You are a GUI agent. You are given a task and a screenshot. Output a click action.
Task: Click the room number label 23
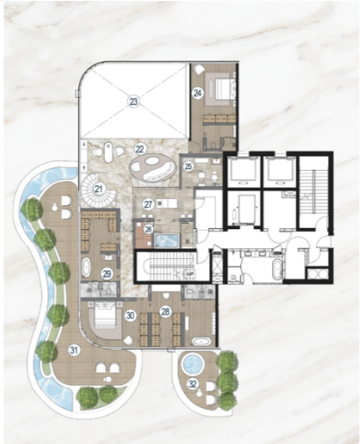134,102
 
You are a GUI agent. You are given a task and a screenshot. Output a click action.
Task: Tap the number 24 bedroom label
197,93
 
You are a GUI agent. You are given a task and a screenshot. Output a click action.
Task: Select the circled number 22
140,149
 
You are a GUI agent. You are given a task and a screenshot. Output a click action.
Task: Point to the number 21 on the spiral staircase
99,189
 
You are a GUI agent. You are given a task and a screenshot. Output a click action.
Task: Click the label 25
188,166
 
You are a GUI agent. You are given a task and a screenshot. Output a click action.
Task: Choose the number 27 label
149,204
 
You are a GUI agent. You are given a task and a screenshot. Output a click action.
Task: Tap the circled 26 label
149,229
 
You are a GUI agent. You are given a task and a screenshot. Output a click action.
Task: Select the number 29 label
107,274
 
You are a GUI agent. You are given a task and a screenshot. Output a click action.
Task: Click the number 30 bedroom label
130,315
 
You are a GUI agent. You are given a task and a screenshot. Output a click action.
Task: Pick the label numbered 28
165,312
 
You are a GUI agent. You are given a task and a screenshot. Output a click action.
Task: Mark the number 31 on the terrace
73,350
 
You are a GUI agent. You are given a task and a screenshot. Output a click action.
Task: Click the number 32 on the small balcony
193,384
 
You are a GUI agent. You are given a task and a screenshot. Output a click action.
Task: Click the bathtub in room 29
86,267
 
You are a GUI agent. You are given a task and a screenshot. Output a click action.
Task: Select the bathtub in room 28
202,342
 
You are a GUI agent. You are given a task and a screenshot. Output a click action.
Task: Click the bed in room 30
105,315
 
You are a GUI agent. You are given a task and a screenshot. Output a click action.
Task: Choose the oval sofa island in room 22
152,168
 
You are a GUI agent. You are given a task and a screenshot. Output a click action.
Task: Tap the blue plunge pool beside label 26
166,240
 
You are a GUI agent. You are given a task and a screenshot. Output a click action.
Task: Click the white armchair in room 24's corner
200,69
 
